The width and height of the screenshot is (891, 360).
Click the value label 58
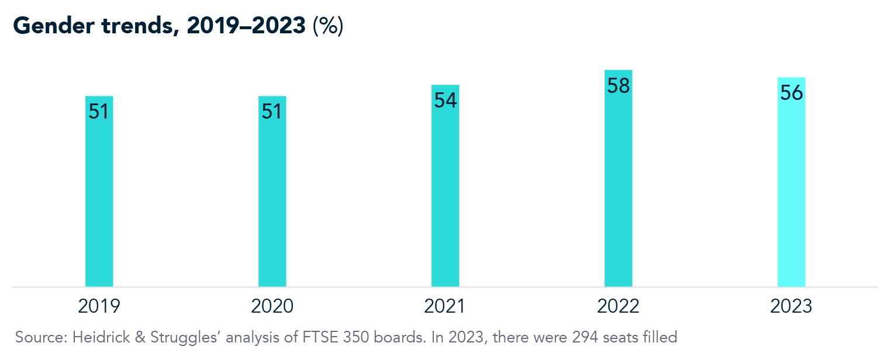coord(618,86)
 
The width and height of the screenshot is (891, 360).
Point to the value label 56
coord(791,94)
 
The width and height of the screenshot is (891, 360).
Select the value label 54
coord(445,101)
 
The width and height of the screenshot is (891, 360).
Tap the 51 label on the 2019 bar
coord(99,112)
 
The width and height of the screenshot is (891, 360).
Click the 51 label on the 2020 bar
coord(272,112)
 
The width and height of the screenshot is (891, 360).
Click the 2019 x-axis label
coord(99,306)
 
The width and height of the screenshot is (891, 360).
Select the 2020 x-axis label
coord(272,306)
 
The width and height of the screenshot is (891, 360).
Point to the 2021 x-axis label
coord(445,306)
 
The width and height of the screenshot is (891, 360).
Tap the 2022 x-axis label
coord(618,306)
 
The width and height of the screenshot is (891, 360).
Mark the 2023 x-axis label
coord(791,306)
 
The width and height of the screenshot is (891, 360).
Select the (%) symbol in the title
coord(327,27)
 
